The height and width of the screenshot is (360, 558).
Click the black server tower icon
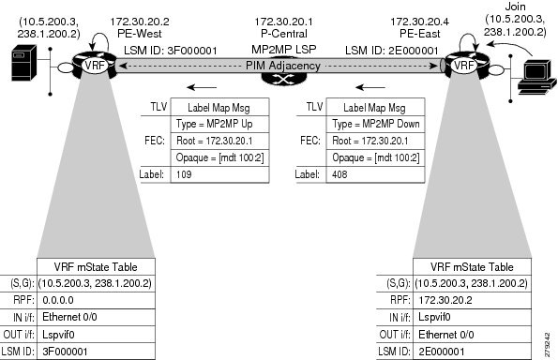tap(23, 63)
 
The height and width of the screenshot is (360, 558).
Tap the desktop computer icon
tap(536, 77)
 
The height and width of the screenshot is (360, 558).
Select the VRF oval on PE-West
tap(95, 66)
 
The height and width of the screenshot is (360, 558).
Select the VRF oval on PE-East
tap(463, 66)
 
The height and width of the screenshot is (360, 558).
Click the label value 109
tap(184, 174)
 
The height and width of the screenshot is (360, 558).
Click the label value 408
tap(339, 174)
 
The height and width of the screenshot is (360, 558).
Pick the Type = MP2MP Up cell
tap(220, 124)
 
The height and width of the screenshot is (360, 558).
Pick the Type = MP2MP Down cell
tap(375, 124)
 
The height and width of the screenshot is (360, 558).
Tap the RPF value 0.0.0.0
tap(58, 300)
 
